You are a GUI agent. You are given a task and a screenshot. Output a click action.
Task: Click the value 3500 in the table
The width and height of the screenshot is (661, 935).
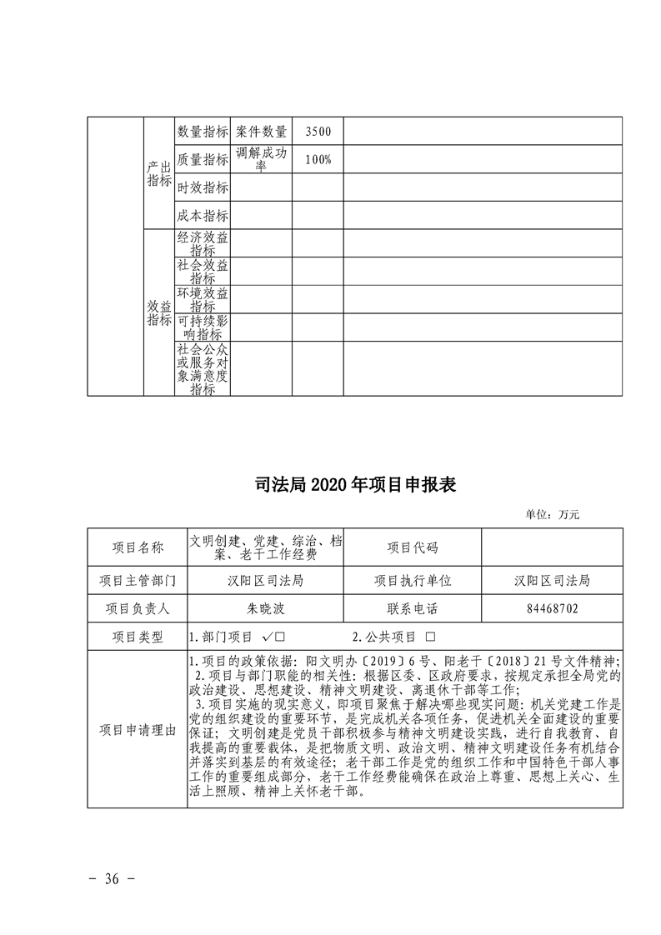pos(318,132)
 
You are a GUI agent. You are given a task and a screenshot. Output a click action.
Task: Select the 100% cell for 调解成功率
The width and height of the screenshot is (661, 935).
pos(318,160)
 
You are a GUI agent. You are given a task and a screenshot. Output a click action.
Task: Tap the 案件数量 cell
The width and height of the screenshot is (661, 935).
pos(261,132)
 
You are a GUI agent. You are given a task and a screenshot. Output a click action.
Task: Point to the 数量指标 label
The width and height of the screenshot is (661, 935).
pos(203,132)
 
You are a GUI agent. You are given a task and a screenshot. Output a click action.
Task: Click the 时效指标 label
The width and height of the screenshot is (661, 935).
pos(203,187)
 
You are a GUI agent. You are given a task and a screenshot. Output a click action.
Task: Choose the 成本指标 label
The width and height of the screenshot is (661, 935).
pos(203,215)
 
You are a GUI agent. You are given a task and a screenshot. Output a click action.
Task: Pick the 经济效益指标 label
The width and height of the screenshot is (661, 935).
pos(203,243)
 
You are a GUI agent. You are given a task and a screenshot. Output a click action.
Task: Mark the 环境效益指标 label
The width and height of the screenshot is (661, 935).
pos(203,299)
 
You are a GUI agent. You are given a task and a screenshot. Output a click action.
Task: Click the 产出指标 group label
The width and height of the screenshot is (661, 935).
pos(159,173)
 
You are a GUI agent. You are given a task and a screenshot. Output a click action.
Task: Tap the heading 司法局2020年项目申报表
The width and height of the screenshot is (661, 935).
pos(330,485)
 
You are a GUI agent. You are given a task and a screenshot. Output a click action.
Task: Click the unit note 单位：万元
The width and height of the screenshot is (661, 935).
pos(552,515)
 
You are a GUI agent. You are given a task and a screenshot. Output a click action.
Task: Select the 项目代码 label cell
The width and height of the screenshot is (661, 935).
pos(412,547)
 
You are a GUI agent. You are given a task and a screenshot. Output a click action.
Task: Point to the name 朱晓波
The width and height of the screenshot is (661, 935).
pos(267,608)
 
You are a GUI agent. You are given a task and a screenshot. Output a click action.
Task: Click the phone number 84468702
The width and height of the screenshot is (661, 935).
pos(552,608)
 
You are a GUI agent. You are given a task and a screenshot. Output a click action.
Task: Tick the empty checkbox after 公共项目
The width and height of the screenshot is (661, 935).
pos(431,637)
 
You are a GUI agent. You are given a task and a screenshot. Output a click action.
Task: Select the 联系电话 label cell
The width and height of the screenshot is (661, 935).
pos(412,608)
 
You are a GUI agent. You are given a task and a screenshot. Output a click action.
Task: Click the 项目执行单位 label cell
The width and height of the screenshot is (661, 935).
pos(412,580)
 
